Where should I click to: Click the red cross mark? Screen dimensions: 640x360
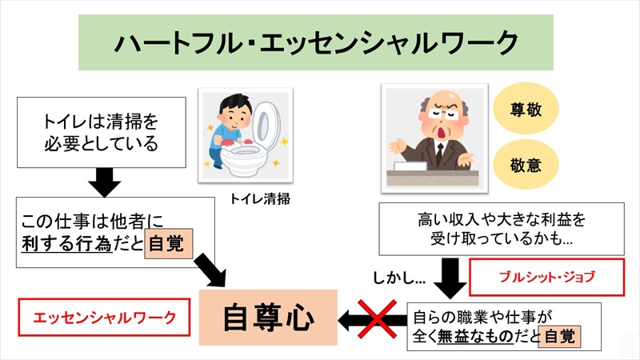(376, 319)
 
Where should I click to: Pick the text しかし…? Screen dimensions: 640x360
(398, 279)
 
